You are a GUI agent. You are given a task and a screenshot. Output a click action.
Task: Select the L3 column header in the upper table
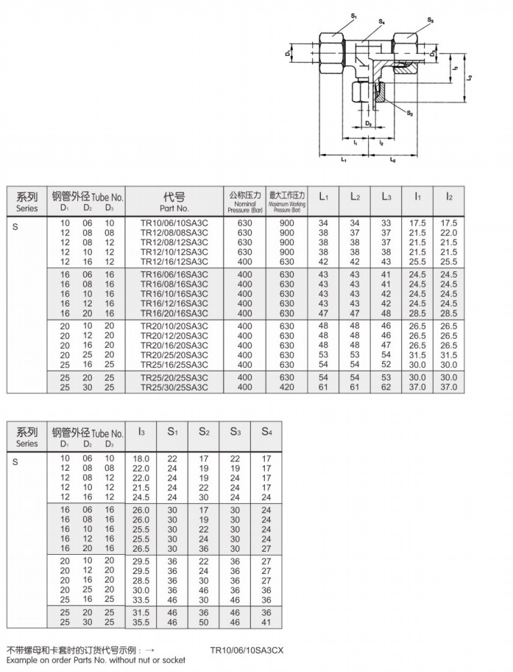386,197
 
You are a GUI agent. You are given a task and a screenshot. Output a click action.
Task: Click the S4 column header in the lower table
266,430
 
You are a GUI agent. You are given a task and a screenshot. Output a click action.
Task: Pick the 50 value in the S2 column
204,623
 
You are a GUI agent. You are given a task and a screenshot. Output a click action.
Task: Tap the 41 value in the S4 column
266,623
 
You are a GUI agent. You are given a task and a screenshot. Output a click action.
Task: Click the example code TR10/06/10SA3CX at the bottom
247,651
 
